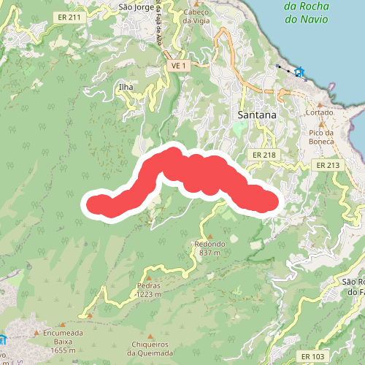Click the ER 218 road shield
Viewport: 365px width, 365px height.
[x=264, y=155]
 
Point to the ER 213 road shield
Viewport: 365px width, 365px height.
[x=328, y=166]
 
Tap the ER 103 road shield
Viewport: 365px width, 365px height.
[x=313, y=356]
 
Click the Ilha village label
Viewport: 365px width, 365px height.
[x=126, y=87]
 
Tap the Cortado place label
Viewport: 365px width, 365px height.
[x=320, y=112]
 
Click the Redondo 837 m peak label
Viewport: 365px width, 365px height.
[x=210, y=248]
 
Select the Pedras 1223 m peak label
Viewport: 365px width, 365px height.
[x=148, y=290]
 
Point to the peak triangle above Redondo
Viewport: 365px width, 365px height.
[x=210, y=236]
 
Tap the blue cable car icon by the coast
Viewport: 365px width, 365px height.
[x=300, y=72]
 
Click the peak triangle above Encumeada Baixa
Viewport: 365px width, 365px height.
[x=64, y=323]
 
